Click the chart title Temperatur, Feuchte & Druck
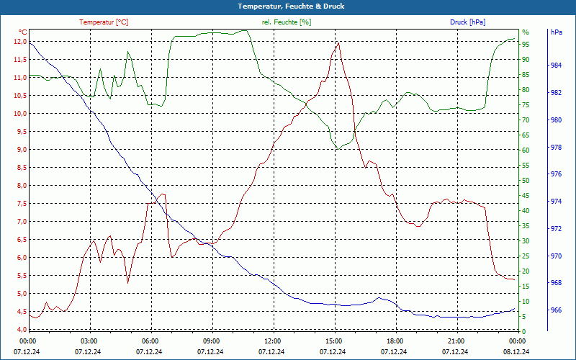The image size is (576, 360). [x=287, y=6]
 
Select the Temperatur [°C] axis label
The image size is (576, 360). [x=104, y=22]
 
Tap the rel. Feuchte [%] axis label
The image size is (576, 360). [x=287, y=22]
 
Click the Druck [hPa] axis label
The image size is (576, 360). [x=467, y=22]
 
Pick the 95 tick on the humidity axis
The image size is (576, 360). [x=526, y=45]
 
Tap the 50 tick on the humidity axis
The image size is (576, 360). [x=526, y=181]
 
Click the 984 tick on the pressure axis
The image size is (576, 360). [x=556, y=66]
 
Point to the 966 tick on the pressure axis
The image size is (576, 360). [x=556, y=310]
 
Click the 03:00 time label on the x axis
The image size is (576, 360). [x=89, y=340]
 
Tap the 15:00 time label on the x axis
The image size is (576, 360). [x=333, y=340]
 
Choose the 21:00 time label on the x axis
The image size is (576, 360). [x=455, y=340]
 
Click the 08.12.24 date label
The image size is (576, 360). [x=516, y=351]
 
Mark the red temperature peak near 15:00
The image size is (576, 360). [x=338, y=42]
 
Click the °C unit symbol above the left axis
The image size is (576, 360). [x=23, y=32]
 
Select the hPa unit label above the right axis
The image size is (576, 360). [x=556, y=32]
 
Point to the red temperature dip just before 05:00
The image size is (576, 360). [x=128, y=282]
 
